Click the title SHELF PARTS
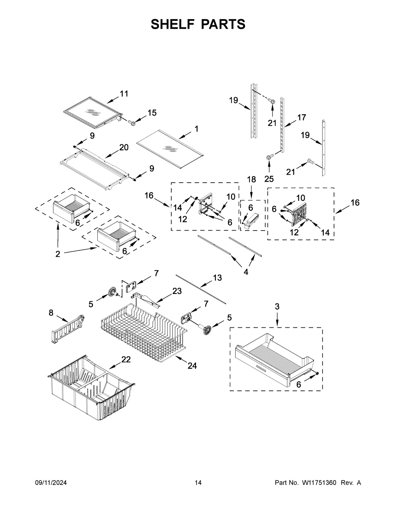pos(198,24)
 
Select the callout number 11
pos(124,94)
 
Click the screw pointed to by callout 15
pos(133,123)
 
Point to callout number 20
pos(124,147)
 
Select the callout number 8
pos(51,313)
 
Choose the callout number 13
pos(217,278)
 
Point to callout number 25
pos(270,179)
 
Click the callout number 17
pos(301,117)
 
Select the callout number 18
pos(251,179)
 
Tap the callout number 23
pos(177,291)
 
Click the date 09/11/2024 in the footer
pos(51,483)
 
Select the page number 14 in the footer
pos(198,483)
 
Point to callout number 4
pos(246,272)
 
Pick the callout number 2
pos(58,254)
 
